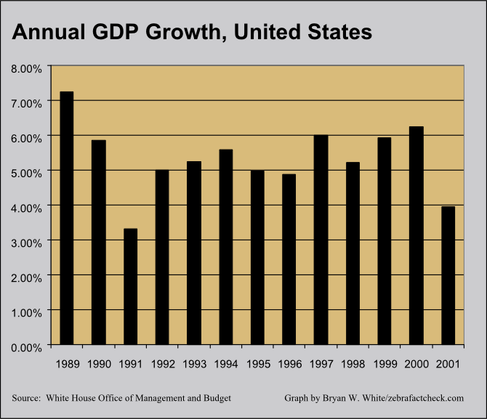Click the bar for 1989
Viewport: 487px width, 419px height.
point(67,218)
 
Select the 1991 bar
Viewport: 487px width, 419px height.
point(130,286)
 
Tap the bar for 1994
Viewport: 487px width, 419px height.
point(226,247)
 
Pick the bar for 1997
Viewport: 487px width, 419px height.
point(321,240)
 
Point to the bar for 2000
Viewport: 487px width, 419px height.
point(416,235)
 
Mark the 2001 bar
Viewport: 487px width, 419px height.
point(448,276)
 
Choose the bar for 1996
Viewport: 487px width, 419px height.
point(289,259)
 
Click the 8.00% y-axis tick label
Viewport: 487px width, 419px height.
point(26,68)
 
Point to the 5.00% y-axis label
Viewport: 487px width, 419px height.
point(26,173)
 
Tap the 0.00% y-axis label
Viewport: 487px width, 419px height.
point(26,348)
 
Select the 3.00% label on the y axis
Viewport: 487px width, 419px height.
point(26,243)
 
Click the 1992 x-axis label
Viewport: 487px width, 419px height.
point(163,364)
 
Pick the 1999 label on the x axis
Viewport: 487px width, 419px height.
point(385,364)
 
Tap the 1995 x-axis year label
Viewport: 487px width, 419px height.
point(258,364)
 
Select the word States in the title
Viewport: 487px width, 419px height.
point(339,32)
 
